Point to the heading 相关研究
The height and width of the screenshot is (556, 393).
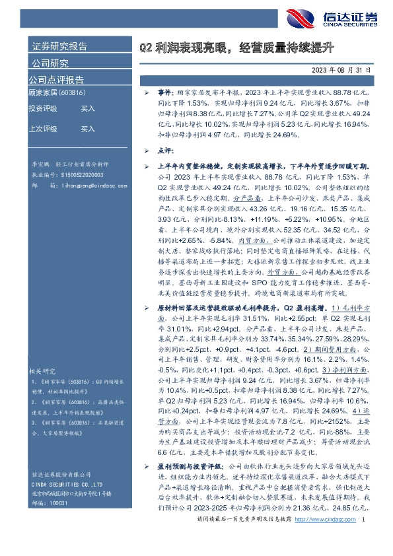pos(41,370)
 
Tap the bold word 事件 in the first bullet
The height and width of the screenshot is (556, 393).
pos(165,95)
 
